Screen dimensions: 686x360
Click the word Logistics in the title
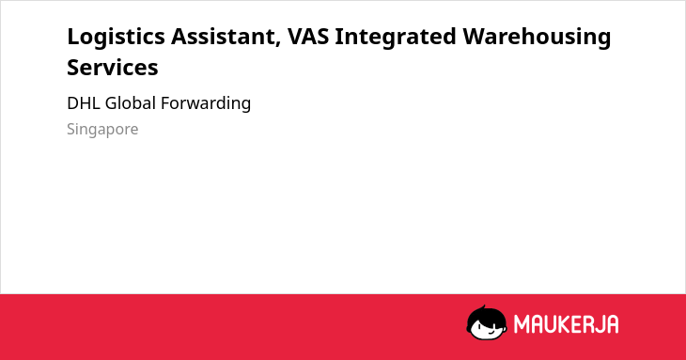click(x=116, y=38)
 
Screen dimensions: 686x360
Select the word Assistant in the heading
click(x=226, y=37)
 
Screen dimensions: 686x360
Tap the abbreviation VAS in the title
click(x=308, y=37)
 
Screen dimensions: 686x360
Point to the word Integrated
click(x=396, y=38)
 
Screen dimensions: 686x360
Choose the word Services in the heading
click(x=113, y=68)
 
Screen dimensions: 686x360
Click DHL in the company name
click(x=84, y=103)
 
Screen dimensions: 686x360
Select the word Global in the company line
click(x=131, y=103)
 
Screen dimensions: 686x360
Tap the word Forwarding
click(x=206, y=103)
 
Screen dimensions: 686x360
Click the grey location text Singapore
click(x=102, y=130)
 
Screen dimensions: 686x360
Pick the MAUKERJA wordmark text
click(x=566, y=324)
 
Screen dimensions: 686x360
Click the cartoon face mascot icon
click(x=487, y=322)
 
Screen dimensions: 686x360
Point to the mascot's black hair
click(x=486, y=313)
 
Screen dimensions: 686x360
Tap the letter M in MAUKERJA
click(x=522, y=324)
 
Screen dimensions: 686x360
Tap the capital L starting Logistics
click(x=73, y=37)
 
